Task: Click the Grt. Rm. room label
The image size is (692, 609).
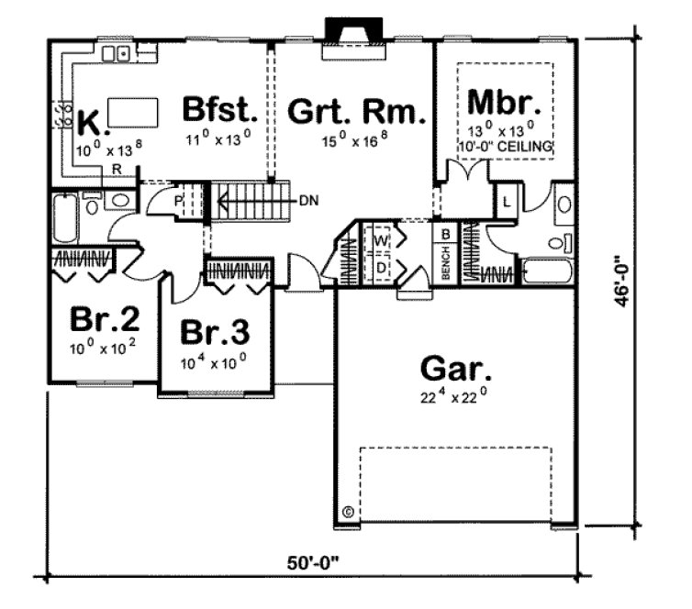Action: coord(356,114)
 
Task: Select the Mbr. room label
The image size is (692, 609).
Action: coord(502,98)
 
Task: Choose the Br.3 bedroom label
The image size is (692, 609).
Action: coord(215,331)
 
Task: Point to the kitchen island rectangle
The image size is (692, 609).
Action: coord(131,114)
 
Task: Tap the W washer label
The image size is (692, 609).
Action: coord(381,240)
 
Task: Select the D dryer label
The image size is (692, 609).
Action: coord(381,265)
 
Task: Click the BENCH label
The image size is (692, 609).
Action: coord(445,266)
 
